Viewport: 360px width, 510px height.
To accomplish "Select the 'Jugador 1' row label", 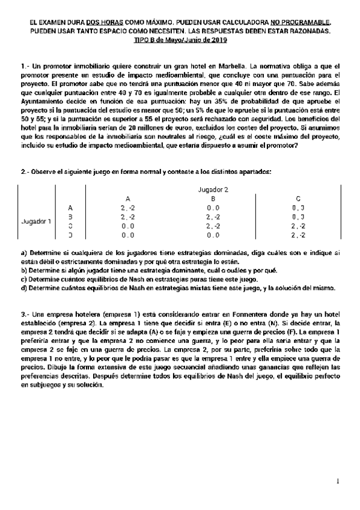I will [36, 221].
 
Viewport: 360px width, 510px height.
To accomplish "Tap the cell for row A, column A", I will [127, 207].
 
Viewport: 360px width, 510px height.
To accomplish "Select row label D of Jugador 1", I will [70, 236].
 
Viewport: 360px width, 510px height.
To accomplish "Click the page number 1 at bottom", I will [338, 481].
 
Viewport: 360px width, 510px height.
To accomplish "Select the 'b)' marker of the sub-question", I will [24, 270].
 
